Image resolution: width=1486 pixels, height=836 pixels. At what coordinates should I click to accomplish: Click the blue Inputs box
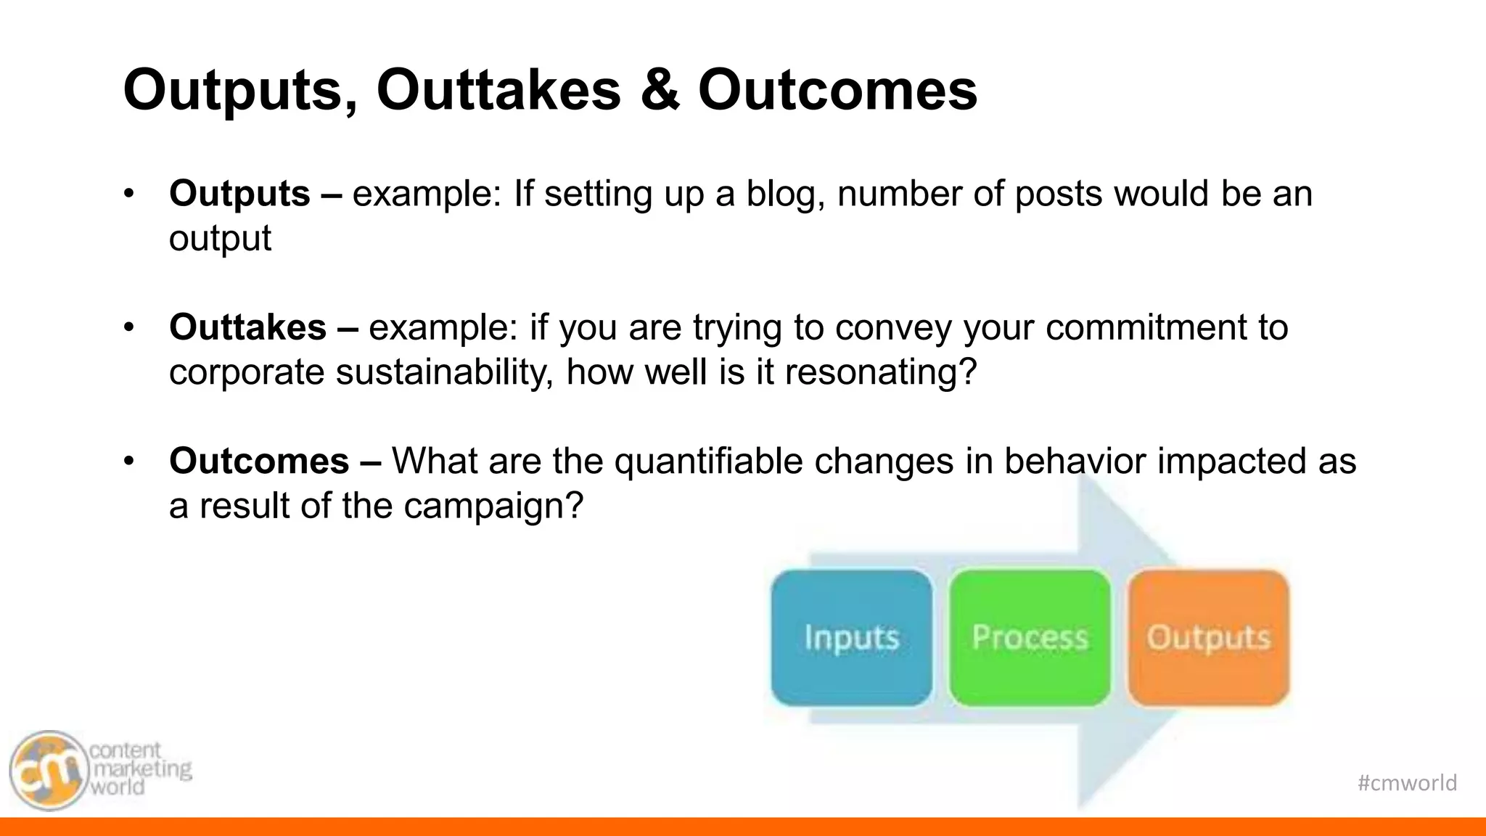pos(851,637)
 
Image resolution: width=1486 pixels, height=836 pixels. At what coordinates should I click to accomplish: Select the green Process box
pos(1030,637)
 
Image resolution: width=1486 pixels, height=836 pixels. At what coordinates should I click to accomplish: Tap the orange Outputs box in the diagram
pos(1208,637)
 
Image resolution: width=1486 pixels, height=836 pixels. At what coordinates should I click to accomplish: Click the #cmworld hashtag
pos(1406,782)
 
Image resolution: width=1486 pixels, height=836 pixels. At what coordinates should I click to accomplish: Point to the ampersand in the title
pos(660,90)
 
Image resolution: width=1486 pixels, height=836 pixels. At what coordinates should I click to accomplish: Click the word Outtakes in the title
pos(498,90)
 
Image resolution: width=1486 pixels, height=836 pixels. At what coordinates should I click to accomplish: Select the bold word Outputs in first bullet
pos(239,194)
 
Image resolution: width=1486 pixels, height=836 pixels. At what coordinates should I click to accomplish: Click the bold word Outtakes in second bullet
pos(247,327)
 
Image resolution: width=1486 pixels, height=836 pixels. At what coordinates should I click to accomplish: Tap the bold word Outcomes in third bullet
pos(259,461)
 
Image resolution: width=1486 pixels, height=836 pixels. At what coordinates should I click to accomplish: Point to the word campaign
pos(493,506)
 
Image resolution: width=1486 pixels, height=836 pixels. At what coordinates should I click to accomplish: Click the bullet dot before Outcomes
pos(129,461)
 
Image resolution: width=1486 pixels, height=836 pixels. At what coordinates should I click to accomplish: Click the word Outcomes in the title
pos(837,90)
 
